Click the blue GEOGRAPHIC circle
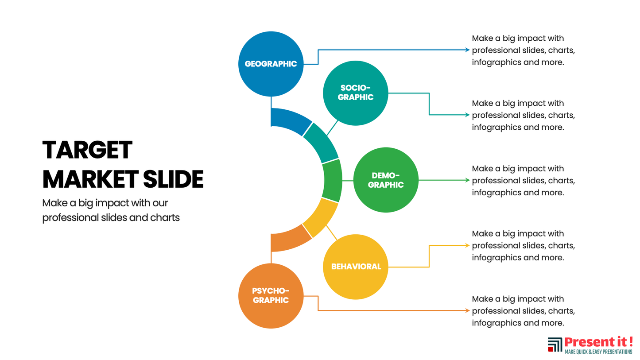click(271, 64)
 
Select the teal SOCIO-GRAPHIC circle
click(356, 93)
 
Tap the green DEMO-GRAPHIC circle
click(386, 180)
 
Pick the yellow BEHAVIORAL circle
click(356, 267)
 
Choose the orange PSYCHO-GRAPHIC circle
click(271, 296)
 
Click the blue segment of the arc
click(290, 120)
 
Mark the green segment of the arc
click(333, 180)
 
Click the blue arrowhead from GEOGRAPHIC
click(467, 50)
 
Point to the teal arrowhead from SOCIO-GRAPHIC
click(467, 115)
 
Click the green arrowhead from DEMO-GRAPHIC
click(467, 180)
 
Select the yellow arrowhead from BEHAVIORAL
click(467, 245)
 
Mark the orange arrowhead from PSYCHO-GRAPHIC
click(467, 310)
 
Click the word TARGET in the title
click(87, 150)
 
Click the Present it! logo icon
click(555, 345)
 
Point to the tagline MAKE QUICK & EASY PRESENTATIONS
click(598, 352)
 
